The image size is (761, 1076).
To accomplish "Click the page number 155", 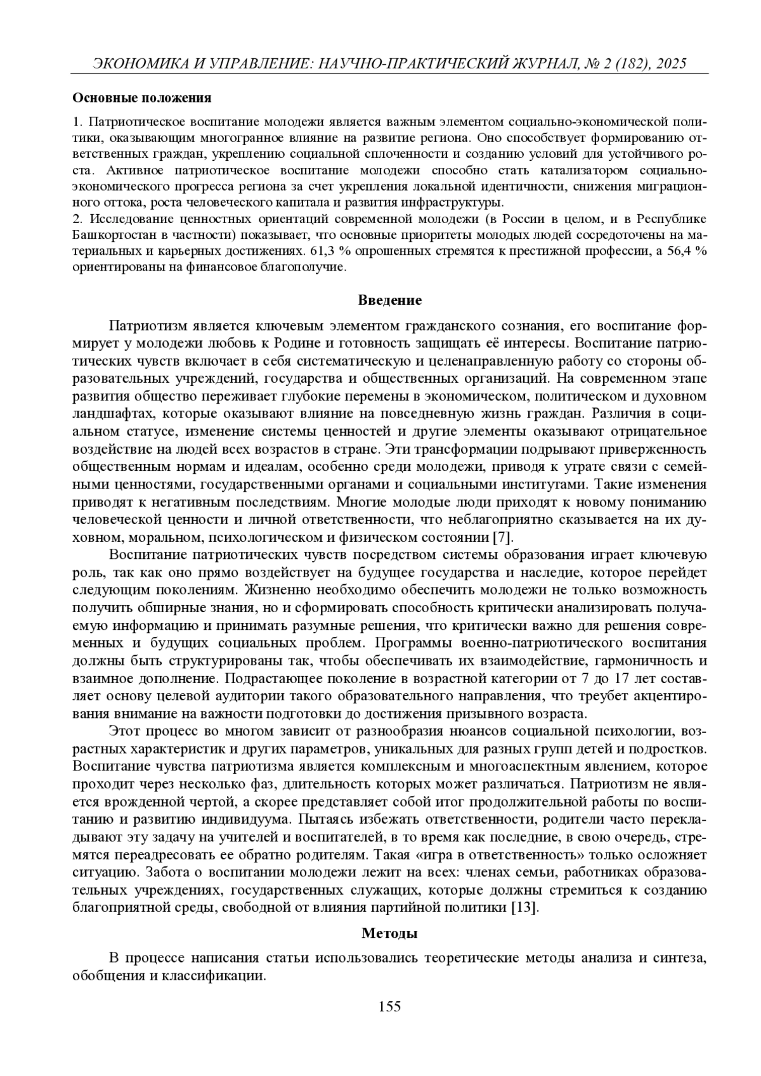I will coord(389,1007).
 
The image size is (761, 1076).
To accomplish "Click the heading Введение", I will coord(389,300).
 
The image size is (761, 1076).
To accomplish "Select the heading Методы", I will coord(389,933).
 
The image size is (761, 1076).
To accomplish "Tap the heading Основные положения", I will coord(141,98).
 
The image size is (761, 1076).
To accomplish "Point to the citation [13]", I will coord(525,907).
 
